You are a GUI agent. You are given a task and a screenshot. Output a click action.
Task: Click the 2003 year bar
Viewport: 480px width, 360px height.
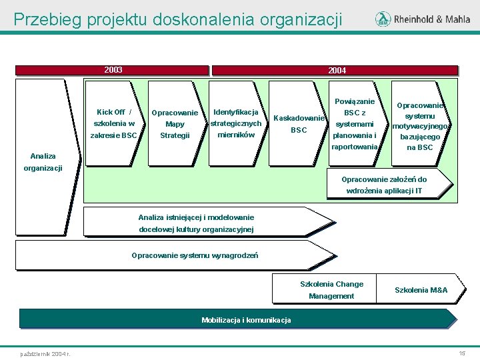113,70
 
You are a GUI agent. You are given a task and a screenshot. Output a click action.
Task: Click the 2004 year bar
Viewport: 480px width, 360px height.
335,70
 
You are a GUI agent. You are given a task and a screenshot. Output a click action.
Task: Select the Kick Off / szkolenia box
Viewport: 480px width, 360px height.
115,123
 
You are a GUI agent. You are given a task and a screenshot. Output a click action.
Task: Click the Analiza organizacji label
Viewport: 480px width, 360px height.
43,162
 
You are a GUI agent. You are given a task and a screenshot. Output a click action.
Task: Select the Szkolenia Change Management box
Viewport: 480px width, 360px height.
331,289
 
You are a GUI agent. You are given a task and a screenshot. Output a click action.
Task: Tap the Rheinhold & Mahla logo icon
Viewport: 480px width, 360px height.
383,19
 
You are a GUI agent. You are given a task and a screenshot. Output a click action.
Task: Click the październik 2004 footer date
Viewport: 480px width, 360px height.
46,353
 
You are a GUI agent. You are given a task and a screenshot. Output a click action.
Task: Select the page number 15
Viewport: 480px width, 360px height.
461,352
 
